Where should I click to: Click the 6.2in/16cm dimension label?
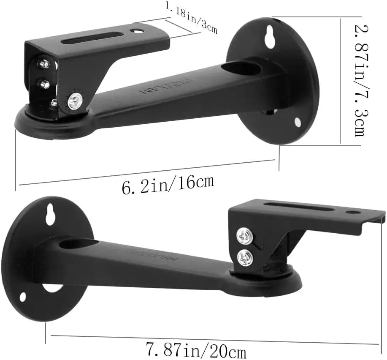pyautogui.click(x=168, y=185)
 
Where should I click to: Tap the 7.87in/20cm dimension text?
pyautogui.click(x=196, y=350)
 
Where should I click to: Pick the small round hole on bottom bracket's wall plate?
pyautogui.click(x=22, y=297)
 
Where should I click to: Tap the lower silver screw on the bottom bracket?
pyautogui.click(x=245, y=258)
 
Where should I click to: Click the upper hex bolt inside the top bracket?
pyautogui.click(x=44, y=64)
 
